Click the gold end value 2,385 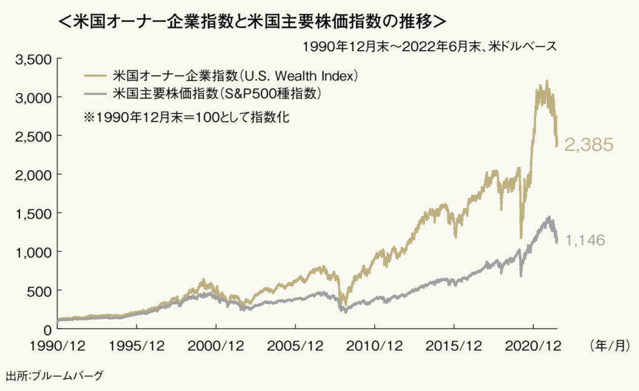point(589,145)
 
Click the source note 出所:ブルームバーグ point(54,376)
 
